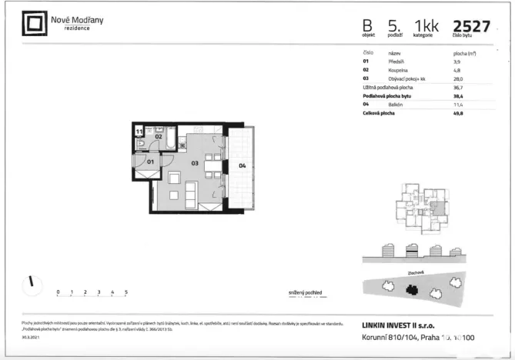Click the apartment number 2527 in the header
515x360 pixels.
(472, 26)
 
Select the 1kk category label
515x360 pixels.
(426, 27)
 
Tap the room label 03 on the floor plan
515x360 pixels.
(196, 163)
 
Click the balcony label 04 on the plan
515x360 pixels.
(241, 165)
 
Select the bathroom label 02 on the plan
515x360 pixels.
(159, 136)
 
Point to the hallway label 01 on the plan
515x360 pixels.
(151, 162)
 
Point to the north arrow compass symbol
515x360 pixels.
(30, 282)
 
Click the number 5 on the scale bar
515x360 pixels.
(125, 293)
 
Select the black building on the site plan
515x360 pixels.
(413, 290)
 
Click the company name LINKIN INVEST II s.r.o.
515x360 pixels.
(400, 326)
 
